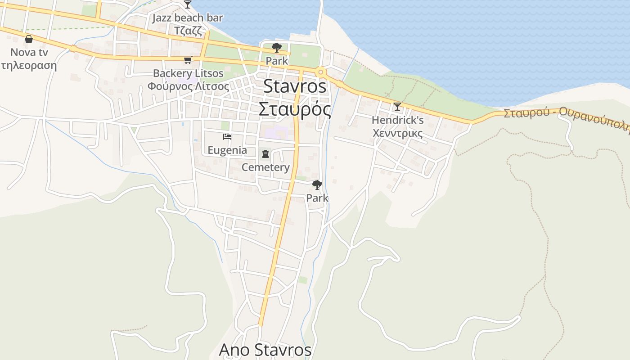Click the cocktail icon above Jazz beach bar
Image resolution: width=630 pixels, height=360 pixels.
pos(188,4)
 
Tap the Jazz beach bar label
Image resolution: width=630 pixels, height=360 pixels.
pos(188,18)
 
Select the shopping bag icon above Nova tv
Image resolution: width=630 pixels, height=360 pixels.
pos(29,39)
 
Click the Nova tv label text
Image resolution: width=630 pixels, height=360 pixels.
pos(29,52)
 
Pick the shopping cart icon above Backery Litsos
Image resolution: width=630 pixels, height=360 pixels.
pos(188,60)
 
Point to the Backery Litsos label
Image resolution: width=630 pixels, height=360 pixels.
pos(188,73)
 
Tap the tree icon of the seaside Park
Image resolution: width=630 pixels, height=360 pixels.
pos(277,48)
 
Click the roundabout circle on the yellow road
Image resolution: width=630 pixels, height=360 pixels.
pos(320,72)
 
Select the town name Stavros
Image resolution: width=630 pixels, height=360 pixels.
pos(295,86)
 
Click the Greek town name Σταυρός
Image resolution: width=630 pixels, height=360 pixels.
pos(295,109)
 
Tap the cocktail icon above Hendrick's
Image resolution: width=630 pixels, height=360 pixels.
pos(397,107)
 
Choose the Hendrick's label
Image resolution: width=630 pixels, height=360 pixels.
pos(398,120)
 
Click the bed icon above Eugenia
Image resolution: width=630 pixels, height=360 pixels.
pos(227,137)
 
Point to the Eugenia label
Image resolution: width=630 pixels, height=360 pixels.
pos(227,150)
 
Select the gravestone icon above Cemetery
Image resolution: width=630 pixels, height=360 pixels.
pos(265,154)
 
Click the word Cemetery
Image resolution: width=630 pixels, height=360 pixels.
pos(265,167)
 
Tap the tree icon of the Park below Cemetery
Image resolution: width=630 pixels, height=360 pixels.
pos(317,184)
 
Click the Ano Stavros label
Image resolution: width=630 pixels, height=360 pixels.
pos(265,350)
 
